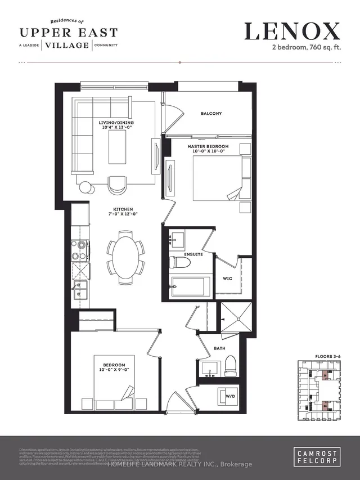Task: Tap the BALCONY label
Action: (x=211, y=113)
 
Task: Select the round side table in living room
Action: (x=85, y=187)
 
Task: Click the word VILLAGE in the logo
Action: (x=67, y=45)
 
